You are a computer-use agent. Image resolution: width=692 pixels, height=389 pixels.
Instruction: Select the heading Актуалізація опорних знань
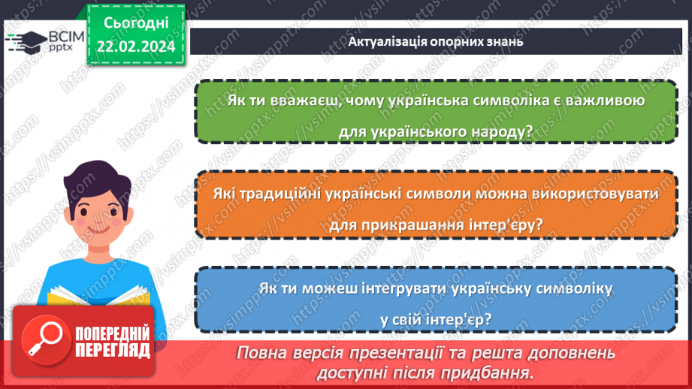point(435,41)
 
